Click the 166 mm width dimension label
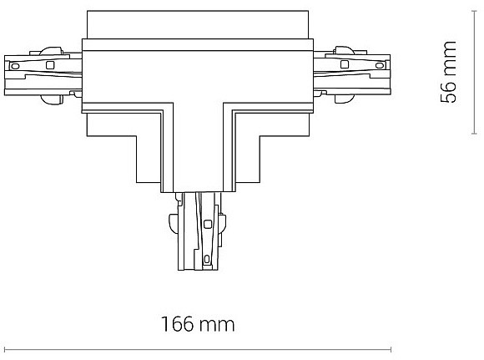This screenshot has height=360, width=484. (198, 324)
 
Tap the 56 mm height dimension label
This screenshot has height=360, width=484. (448, 71)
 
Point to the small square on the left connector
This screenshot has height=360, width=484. (49, 65)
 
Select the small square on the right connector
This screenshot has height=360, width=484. (345, 64)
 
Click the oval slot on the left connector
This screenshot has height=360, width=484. (15, 66)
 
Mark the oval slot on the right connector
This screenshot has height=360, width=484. (380, 65)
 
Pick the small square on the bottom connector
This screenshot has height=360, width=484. (208, 224)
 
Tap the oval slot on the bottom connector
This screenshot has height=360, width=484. (207, 259)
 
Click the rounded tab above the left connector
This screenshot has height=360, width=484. (51, 51)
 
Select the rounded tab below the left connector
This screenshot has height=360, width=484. (51, 99)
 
